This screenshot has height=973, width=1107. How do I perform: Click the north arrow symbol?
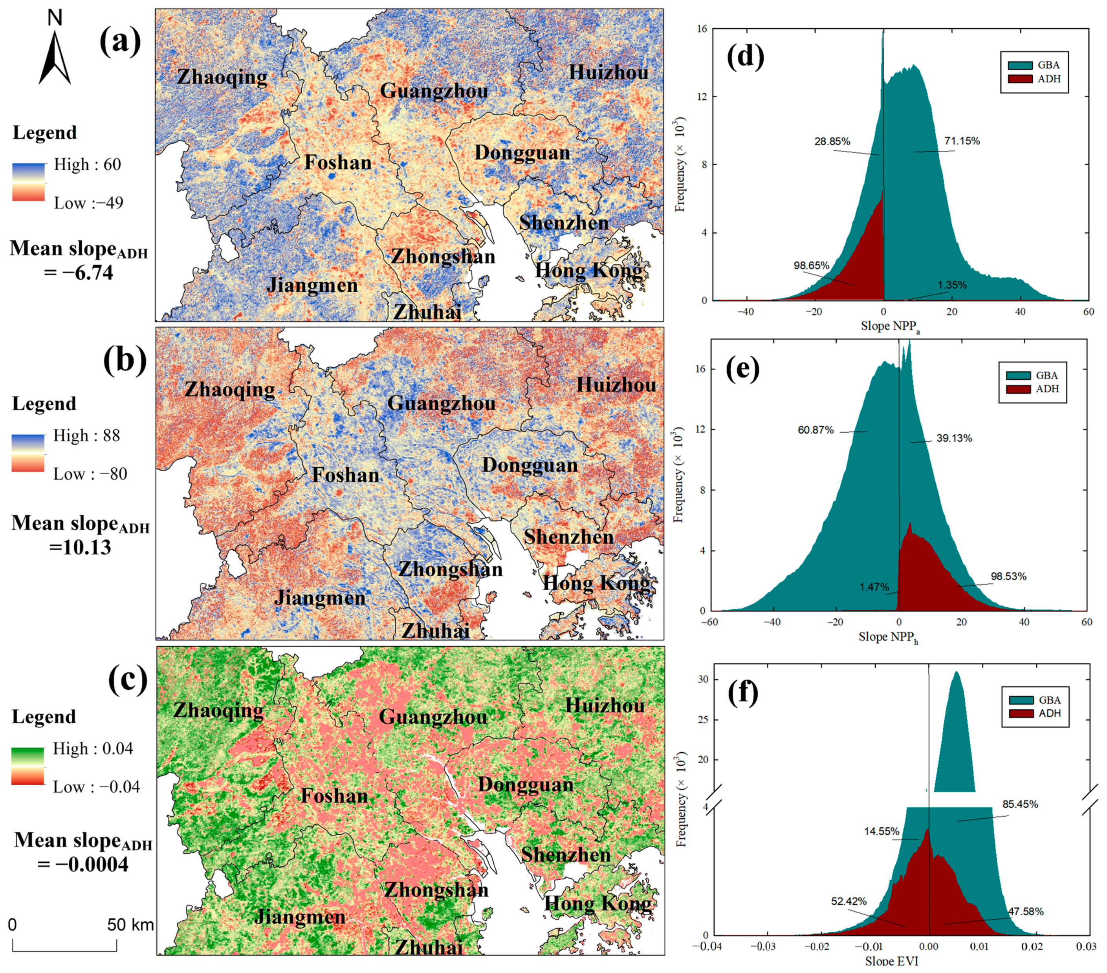(x=55, y=57)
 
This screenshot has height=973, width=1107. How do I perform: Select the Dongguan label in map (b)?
(x=530, y=465)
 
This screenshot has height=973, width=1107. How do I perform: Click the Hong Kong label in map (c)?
(x=598, y=903)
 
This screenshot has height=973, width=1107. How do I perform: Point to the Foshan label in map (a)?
(x=338, y=162)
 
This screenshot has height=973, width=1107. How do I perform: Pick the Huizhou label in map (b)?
(x=616, y=385)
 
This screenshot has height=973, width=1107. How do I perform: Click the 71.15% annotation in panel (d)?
(x=962, y=141)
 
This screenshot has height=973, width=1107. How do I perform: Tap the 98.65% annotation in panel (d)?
(x=811, y=265)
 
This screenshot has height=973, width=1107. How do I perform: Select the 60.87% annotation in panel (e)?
(x=815, y=430)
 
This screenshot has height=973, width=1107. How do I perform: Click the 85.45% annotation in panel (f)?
(x=1020, y=804)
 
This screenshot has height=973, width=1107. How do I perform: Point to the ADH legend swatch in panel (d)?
(x=1019, y=79)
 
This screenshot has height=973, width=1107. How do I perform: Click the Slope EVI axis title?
(x=891, y=960)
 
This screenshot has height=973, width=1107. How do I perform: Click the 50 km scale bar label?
(x=130, y=924)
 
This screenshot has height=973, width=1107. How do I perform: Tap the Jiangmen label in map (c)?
(x=299, y=917)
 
